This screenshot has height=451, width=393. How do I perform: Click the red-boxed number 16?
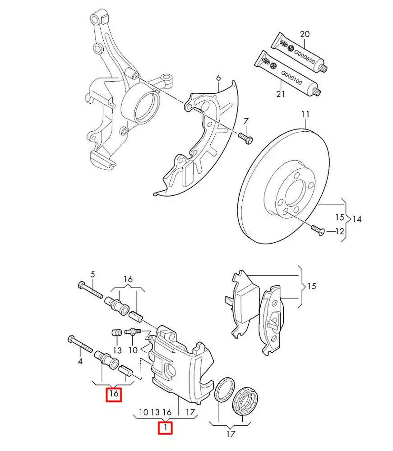(x=114, y=395)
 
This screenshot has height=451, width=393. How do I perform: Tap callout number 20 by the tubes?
(x=305, y=33)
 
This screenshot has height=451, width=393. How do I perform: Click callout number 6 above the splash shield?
(x=218, y=78)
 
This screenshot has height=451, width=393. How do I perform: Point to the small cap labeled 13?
(x=116, y=336)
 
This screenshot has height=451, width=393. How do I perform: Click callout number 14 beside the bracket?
(x=357, y=220)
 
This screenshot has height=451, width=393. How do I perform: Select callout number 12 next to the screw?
(x=339, y=231)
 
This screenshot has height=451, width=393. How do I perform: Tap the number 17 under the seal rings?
(x=230, y=434)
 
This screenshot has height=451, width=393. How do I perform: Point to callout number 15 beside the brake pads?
(x=311, y=286)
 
